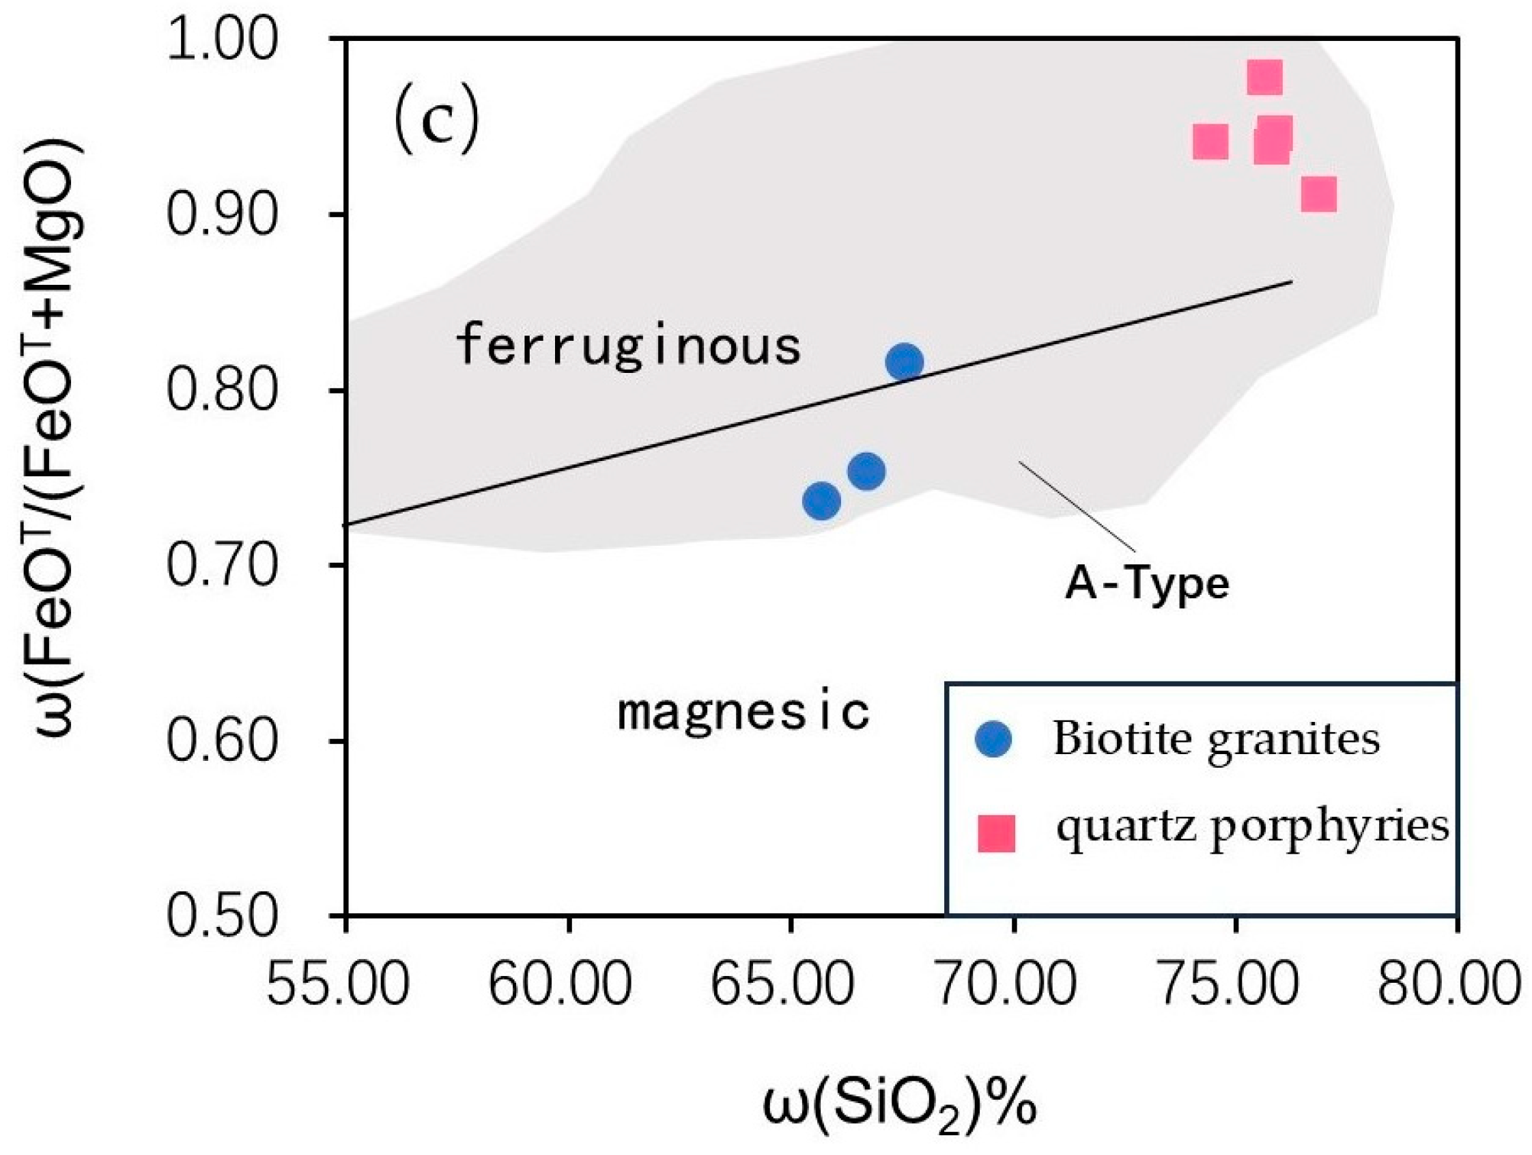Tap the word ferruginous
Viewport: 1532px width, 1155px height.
pyautogui.click(x=628, y=346)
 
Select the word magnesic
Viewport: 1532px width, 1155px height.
pyautogui.click(x=743, y=712)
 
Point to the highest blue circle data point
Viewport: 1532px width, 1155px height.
pyautogui.click(x=905, y=362)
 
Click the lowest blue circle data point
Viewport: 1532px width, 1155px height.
pyautogui.click(x=821, y=500)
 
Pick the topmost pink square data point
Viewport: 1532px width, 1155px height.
pyautogui.click(x=1264, y=77)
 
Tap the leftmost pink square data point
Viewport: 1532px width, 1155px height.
pyautogui.click(x=1210, y=142)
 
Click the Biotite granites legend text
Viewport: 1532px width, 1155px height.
pyautogui.click(x=1216, y=740)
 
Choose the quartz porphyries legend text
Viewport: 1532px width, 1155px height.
pyautogui.click(x=1252, y=827)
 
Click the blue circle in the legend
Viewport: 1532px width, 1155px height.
pyautogui.click(x=993, y=739)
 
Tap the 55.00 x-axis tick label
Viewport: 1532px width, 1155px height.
pyautogui.click(x=338, y=984)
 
